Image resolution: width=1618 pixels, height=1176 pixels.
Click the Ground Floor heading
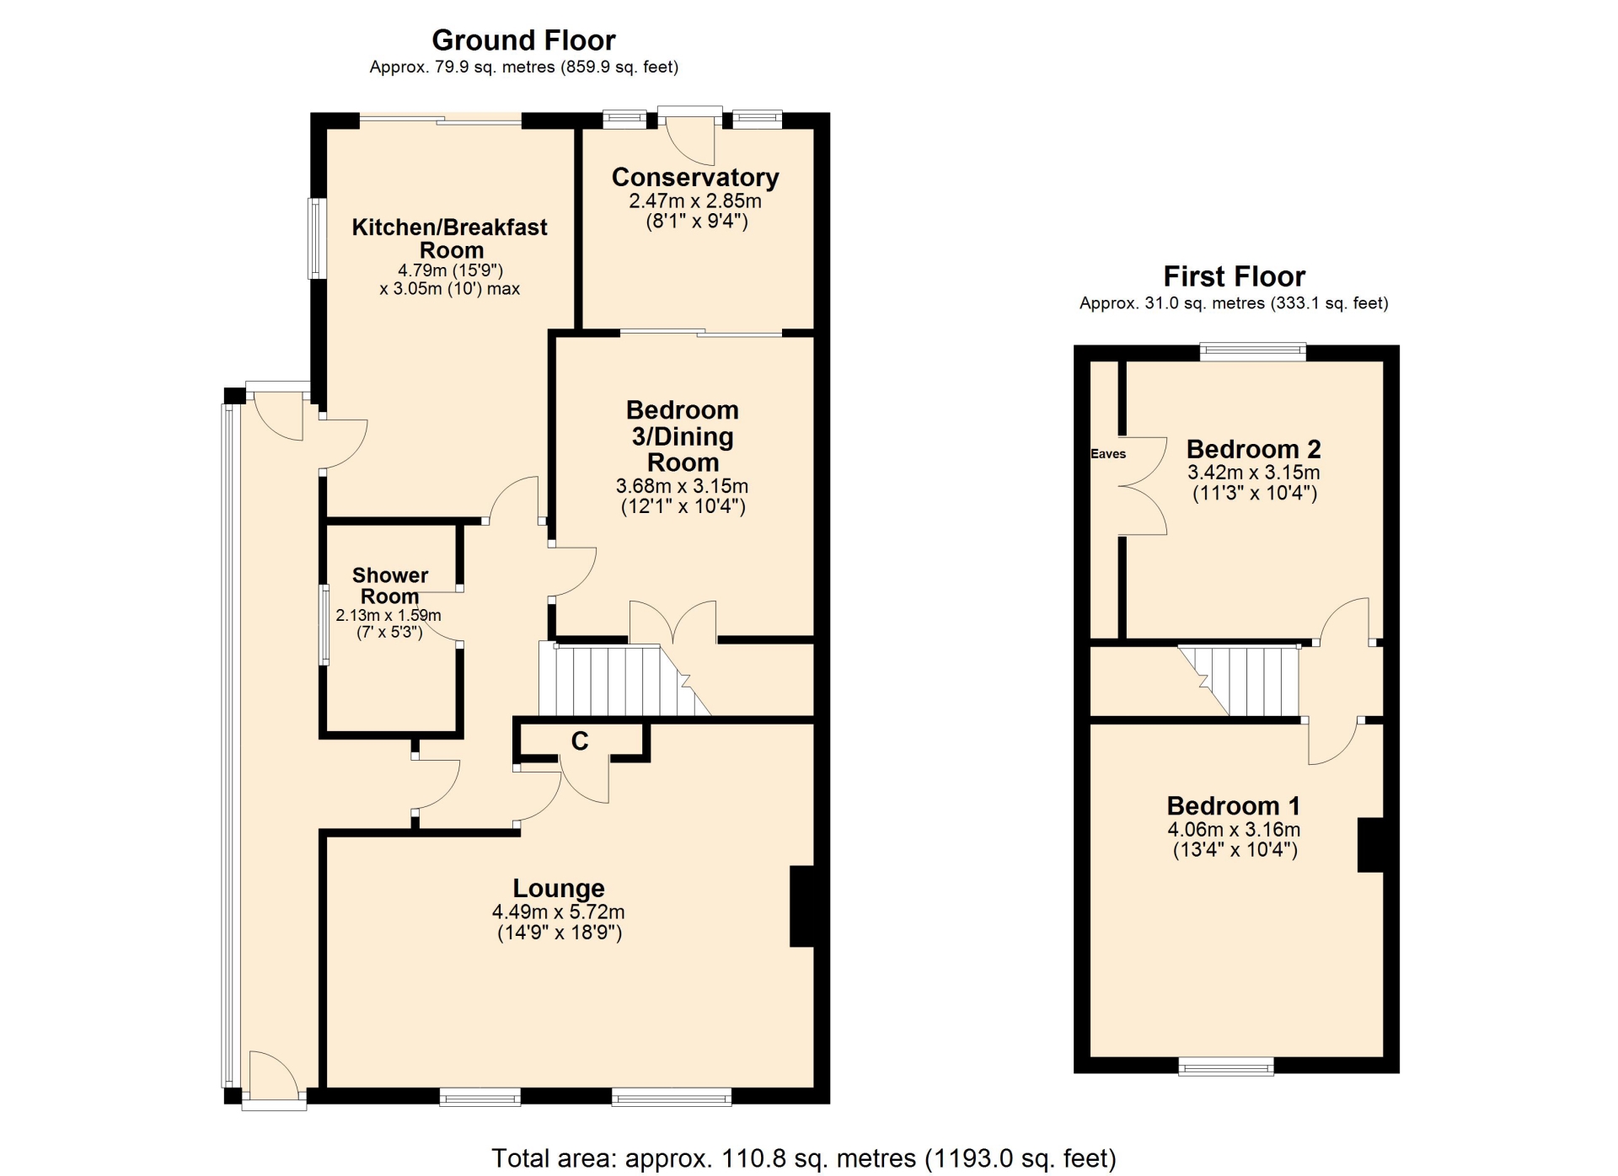[x=523, y=40]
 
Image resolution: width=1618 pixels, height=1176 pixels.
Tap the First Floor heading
[x=1234, y=276]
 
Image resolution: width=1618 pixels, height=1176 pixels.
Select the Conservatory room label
[x=695, y=178]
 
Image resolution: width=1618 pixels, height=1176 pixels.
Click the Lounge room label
[x=559, y=888]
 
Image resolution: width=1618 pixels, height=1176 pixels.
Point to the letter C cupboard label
[x=580, y=740]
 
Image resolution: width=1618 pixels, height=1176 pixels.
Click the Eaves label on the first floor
[x=1108, y=453]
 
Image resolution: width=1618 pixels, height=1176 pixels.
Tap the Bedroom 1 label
[x=1234, y=806]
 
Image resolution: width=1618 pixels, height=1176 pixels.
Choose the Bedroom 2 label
[x=1254, y=449]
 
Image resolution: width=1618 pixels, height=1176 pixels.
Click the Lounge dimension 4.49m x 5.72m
[x=559, y=911]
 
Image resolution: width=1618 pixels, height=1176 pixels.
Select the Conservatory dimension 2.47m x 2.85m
[x=695, y=200]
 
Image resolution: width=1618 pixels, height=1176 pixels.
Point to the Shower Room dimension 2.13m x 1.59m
[x=388, y=615]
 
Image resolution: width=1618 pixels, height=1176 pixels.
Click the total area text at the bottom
[x=804, y=1158]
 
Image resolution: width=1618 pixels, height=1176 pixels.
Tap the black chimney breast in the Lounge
[x=802, y=906]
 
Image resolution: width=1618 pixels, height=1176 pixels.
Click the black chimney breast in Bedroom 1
[x=1370, y=845]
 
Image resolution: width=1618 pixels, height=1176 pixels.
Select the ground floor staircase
[x=624, y=680]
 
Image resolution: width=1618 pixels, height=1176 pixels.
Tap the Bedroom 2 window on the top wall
[x=1252, y=351]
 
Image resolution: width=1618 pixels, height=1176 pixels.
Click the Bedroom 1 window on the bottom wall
[x=1226, y=1066]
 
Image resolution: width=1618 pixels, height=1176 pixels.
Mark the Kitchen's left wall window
[x=316, y=238]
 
